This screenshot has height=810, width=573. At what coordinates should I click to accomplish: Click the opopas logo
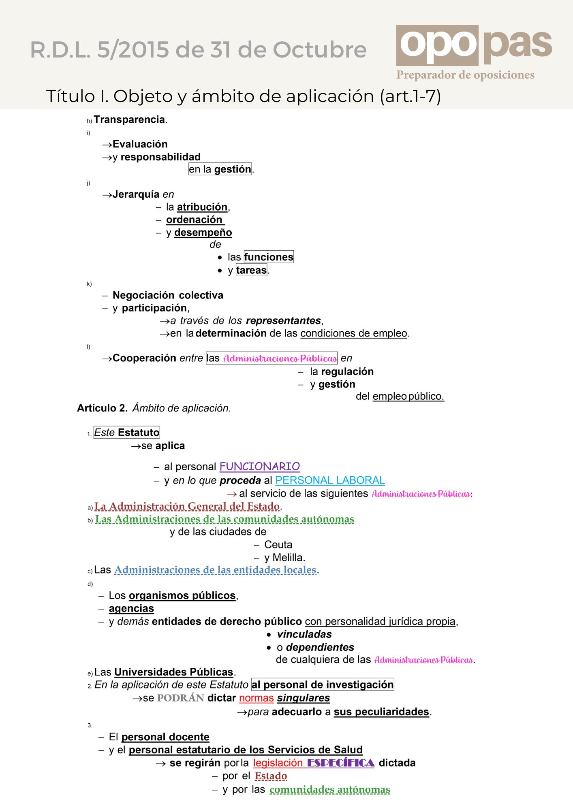pos(474,45)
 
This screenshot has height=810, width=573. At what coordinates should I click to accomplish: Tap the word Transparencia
pos(129,119)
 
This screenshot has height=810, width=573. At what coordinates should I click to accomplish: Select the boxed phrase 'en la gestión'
pos(220,169)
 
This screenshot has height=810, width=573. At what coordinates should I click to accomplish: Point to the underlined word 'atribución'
pos(202,207)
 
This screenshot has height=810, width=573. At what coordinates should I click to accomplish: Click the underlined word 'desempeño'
pos(203,232)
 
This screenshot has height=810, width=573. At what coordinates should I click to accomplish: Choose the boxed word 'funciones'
pos(268,257)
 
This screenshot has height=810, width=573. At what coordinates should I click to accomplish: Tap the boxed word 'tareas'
pos(251,270)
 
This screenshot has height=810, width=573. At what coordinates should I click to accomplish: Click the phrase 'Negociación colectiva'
pos(168,295)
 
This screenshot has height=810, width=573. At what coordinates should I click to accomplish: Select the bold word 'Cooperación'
pos(144,358)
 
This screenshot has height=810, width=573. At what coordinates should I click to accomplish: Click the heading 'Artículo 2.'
pos(102,408)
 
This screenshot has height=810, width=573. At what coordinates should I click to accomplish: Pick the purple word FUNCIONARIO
pos(259,467)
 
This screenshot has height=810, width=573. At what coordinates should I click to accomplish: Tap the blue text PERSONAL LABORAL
pos(330,480)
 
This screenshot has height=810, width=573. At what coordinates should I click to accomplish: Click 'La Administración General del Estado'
pos(187,506)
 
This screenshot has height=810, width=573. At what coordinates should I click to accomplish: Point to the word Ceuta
pos(278,545)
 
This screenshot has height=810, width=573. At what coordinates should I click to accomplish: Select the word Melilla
pos(288,558)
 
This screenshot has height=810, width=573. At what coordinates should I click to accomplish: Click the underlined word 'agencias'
pos(131,609)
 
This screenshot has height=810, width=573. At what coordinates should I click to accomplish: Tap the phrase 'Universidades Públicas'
pos(173,672)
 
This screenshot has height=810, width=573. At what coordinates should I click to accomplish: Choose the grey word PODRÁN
pos(180,698)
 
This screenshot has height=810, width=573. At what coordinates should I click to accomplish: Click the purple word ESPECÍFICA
pos(340,763)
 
